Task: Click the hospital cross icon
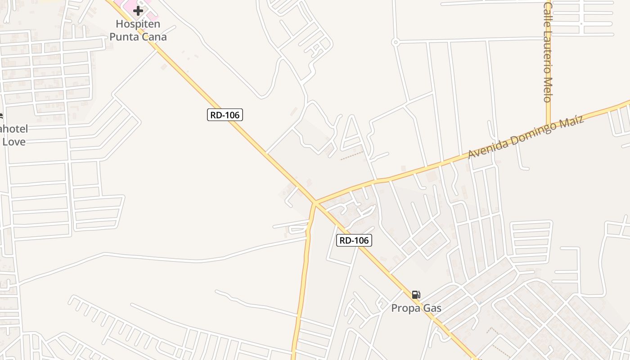[x=138, y=10]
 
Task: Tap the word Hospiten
[x=138, y=24]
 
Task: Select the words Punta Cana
[x=138, y=37]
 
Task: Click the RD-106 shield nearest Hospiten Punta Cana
[x=225, y=115]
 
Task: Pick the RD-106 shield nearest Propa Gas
[x=354, y=241]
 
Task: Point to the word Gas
[x=432, y=308]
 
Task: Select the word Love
[x=14, y=142]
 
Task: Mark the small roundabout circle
[x=396, y=42]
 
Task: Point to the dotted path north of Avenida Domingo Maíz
[x=351, y=156]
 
